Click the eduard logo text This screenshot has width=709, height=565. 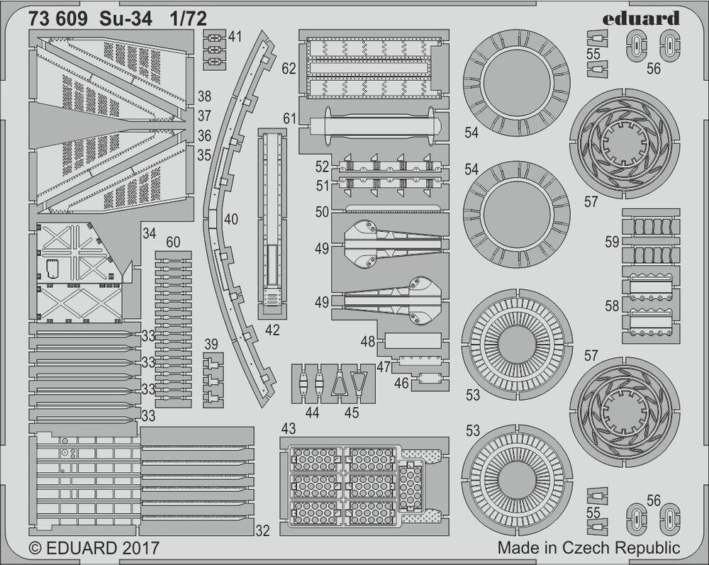(x=640, y=18)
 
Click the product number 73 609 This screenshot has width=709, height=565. (x=58, y=19)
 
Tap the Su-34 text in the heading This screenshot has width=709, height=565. (x=126, y=19)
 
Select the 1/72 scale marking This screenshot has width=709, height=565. (x=189, y=19)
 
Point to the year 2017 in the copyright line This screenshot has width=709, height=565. (x=140, y=548)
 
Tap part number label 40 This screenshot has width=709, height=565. (x=230, y=220)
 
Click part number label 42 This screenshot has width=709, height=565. (x=272, y=330)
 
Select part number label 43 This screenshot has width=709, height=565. (x=288, y=428)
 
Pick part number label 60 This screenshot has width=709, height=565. (x=173, y=242)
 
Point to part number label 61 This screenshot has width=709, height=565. (x=289, y=118)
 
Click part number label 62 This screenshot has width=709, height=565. (x=289, y=69)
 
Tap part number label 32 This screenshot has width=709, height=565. (x=262, y=531)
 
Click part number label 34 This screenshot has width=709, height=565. (x=149, y=233)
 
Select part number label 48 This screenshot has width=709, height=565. (x=368, y=342)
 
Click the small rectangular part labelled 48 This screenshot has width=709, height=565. (x=413, y=341)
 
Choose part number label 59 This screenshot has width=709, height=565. (x=612, y=242)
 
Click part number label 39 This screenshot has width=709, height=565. (x=211, y=344)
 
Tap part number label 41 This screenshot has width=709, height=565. (x=235, y=37)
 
